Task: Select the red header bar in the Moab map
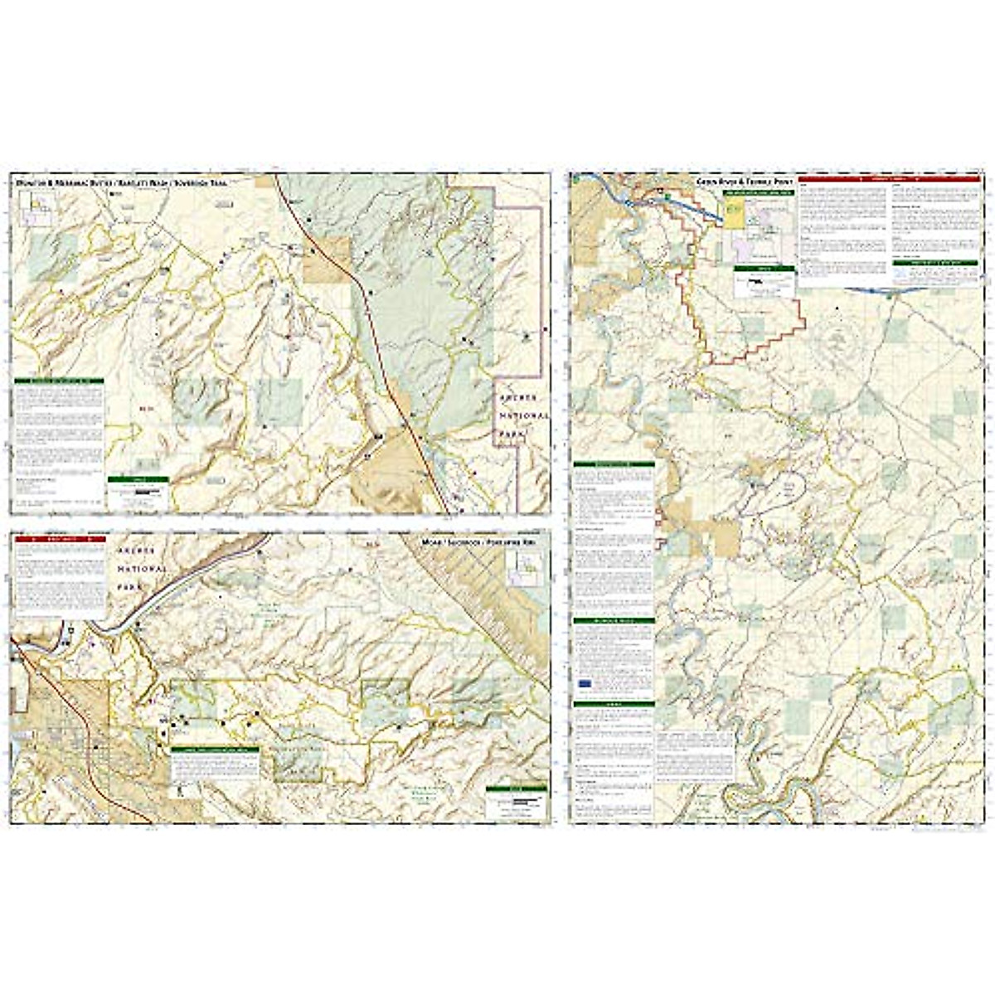[61, 539]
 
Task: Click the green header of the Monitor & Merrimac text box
[59, 381]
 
